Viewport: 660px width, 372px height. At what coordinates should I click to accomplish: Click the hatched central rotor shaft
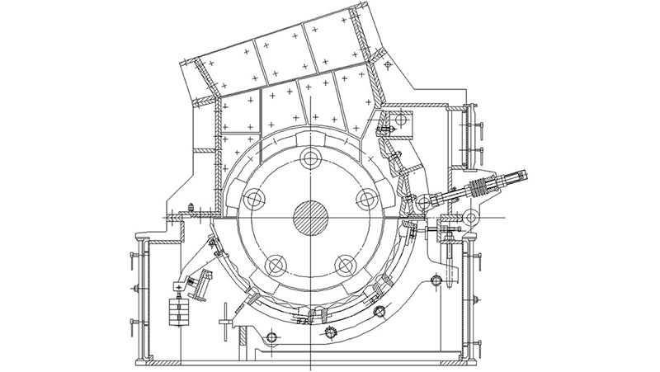tap(312, 219)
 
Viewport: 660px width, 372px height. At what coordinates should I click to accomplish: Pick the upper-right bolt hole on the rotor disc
tap(367, 197)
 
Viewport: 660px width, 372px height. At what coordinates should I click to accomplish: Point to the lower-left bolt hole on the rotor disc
tap(275, 265)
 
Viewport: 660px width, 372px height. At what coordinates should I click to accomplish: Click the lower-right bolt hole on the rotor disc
tap(346, 265)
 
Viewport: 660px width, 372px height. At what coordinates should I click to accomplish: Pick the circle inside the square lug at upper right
tap(404, 121)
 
